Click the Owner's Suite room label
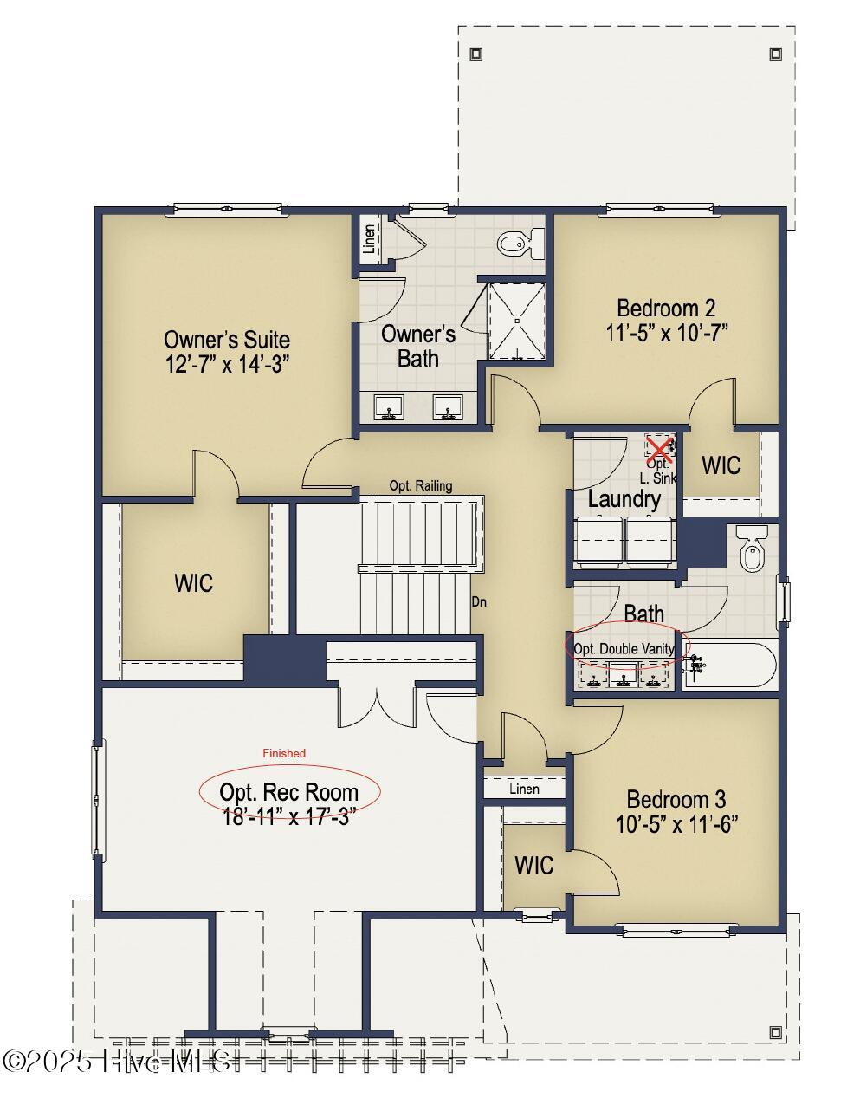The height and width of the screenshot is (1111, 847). (226, 339)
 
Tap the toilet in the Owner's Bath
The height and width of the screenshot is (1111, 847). (520, 244)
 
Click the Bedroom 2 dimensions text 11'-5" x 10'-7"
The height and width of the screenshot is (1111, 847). (666, 333)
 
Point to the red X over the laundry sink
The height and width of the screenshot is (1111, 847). (660, 448)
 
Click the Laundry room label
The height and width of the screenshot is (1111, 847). (624, 499)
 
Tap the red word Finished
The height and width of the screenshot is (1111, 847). (284, 753)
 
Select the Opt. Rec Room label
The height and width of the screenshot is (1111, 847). (288, 791)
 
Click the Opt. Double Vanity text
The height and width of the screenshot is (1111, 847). (624, 648)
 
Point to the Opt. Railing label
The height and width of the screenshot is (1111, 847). (420, 485)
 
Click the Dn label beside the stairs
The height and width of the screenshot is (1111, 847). (478, 601)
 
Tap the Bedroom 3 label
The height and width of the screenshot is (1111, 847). (676, 798)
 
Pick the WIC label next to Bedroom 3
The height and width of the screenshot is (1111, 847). (534, 865)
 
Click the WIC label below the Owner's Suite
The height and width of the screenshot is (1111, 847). (193, 582)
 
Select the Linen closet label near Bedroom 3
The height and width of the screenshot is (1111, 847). (524, 789)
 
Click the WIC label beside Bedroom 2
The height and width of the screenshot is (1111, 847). (721, 465)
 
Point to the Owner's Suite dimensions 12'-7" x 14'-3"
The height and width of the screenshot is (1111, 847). (226, 364)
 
